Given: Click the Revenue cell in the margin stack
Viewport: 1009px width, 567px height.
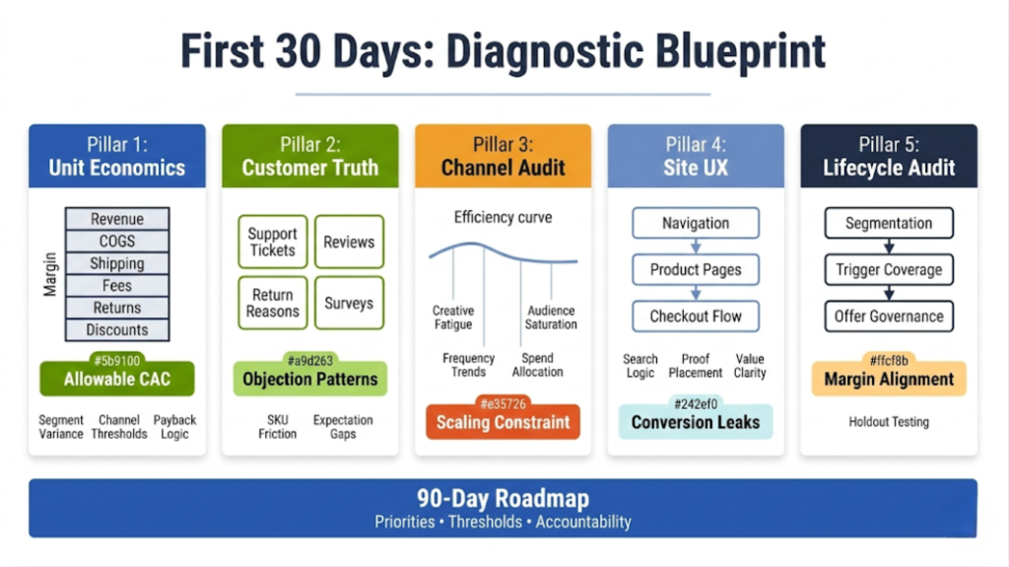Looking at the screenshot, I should tap(117, 219).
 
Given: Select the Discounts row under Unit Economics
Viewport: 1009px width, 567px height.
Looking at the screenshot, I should tap(117, 330).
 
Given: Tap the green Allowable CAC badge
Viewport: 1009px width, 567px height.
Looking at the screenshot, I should tap(117, 380).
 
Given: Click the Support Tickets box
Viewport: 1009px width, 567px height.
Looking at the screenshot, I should tap(272, 242).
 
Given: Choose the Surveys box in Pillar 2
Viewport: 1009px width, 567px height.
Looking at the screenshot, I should tap(349, 303).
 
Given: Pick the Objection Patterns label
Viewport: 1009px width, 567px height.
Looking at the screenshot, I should tap(310, 380).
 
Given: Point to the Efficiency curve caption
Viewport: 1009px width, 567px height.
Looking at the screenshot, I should tap(503, 217).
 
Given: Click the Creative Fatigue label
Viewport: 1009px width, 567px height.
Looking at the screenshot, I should tap(453, 318).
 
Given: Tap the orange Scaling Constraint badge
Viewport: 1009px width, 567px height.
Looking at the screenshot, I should tap(503, 422).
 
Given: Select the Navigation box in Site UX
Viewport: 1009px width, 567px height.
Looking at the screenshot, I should tap(696, 223).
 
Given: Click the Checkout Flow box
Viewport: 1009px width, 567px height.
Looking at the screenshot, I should tap(696, 317).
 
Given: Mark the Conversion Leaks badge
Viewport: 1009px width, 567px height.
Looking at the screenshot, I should tap(696, 422).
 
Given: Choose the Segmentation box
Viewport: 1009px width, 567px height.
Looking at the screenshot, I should tap(889, 223).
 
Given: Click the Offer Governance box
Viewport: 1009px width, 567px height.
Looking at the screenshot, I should tap(889, 317).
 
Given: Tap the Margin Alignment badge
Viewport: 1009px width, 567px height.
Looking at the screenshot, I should tap(889, 380).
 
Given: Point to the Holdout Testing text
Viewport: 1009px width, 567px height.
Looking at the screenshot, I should tap(889, 422).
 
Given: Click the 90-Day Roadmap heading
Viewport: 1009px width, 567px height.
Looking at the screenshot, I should tap(503, 498).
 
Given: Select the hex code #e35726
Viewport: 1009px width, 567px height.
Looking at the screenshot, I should tap(503, 402).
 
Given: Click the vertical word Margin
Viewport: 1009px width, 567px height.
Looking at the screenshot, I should tap(50, 274).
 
